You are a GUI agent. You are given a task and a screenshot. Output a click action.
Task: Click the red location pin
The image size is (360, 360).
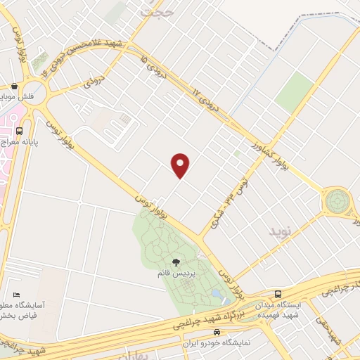181,165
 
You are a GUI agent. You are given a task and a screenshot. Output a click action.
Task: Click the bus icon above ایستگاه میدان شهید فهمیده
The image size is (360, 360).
278,294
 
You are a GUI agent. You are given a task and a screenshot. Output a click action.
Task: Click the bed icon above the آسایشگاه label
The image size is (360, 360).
17,295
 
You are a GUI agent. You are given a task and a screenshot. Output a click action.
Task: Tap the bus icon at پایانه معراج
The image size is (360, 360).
18,130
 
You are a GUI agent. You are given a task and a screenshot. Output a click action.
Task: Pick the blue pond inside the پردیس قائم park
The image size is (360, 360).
215,292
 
